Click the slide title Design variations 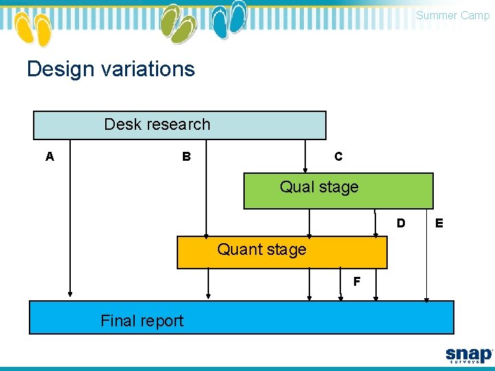tap(111, 69)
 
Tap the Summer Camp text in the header tap(452, 15)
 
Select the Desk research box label tap(157, 124)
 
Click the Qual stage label tap(319, 187)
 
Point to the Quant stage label tap(261, 249)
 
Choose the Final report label tap(142, 321)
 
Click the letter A tap(49, 157)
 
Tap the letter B tap(186, 157)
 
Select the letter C tap(338, 157)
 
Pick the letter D tap(401, 223)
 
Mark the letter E tap(439, 223)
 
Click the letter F tap(357, 282)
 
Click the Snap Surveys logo tap(469, 355)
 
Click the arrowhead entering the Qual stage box tap(306, 170)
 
